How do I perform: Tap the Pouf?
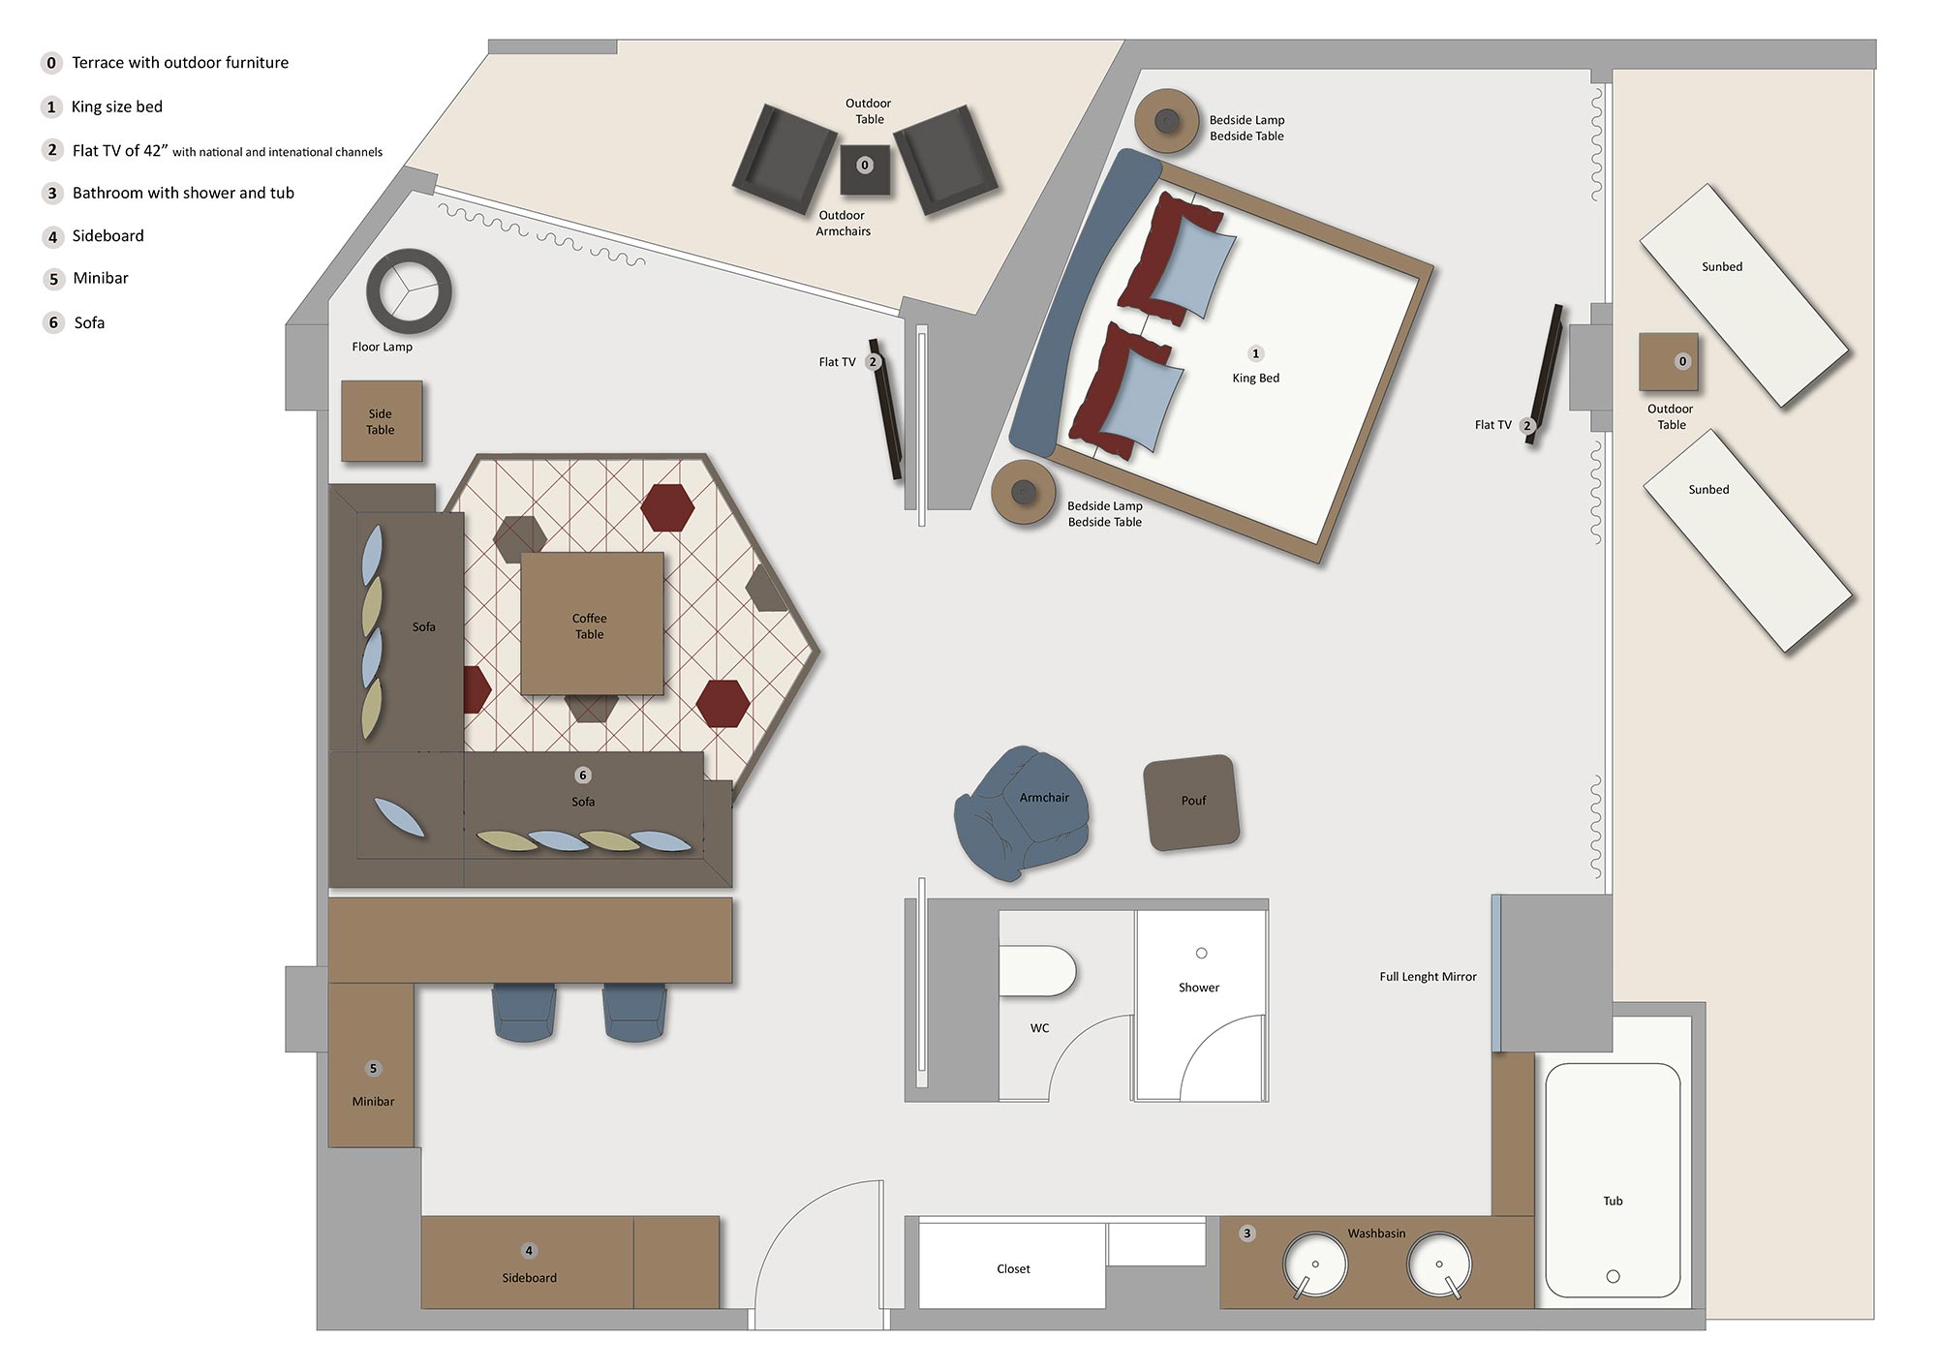point(1192,803)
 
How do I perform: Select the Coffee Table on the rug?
point(592,624)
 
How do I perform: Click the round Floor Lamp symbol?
point(409,291)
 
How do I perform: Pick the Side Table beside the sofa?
point(381,421)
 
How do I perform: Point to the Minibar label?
point(373,1102)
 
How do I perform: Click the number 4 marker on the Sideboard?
point(529,1251)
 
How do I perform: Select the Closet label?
point(1013,1269)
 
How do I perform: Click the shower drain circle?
point(1201,954)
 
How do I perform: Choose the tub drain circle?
point(1613,1276)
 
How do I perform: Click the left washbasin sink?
point(1314,1264)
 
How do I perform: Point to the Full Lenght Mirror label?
point(1428,977)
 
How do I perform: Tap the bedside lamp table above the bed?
point(1167,121)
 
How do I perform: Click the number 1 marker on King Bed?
point(1255,353)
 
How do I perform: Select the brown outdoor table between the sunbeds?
point(1667,362)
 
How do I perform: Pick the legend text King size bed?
point(117,106)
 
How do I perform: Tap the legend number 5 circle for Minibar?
point(53,279)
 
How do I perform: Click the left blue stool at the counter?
point(524,1013)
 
